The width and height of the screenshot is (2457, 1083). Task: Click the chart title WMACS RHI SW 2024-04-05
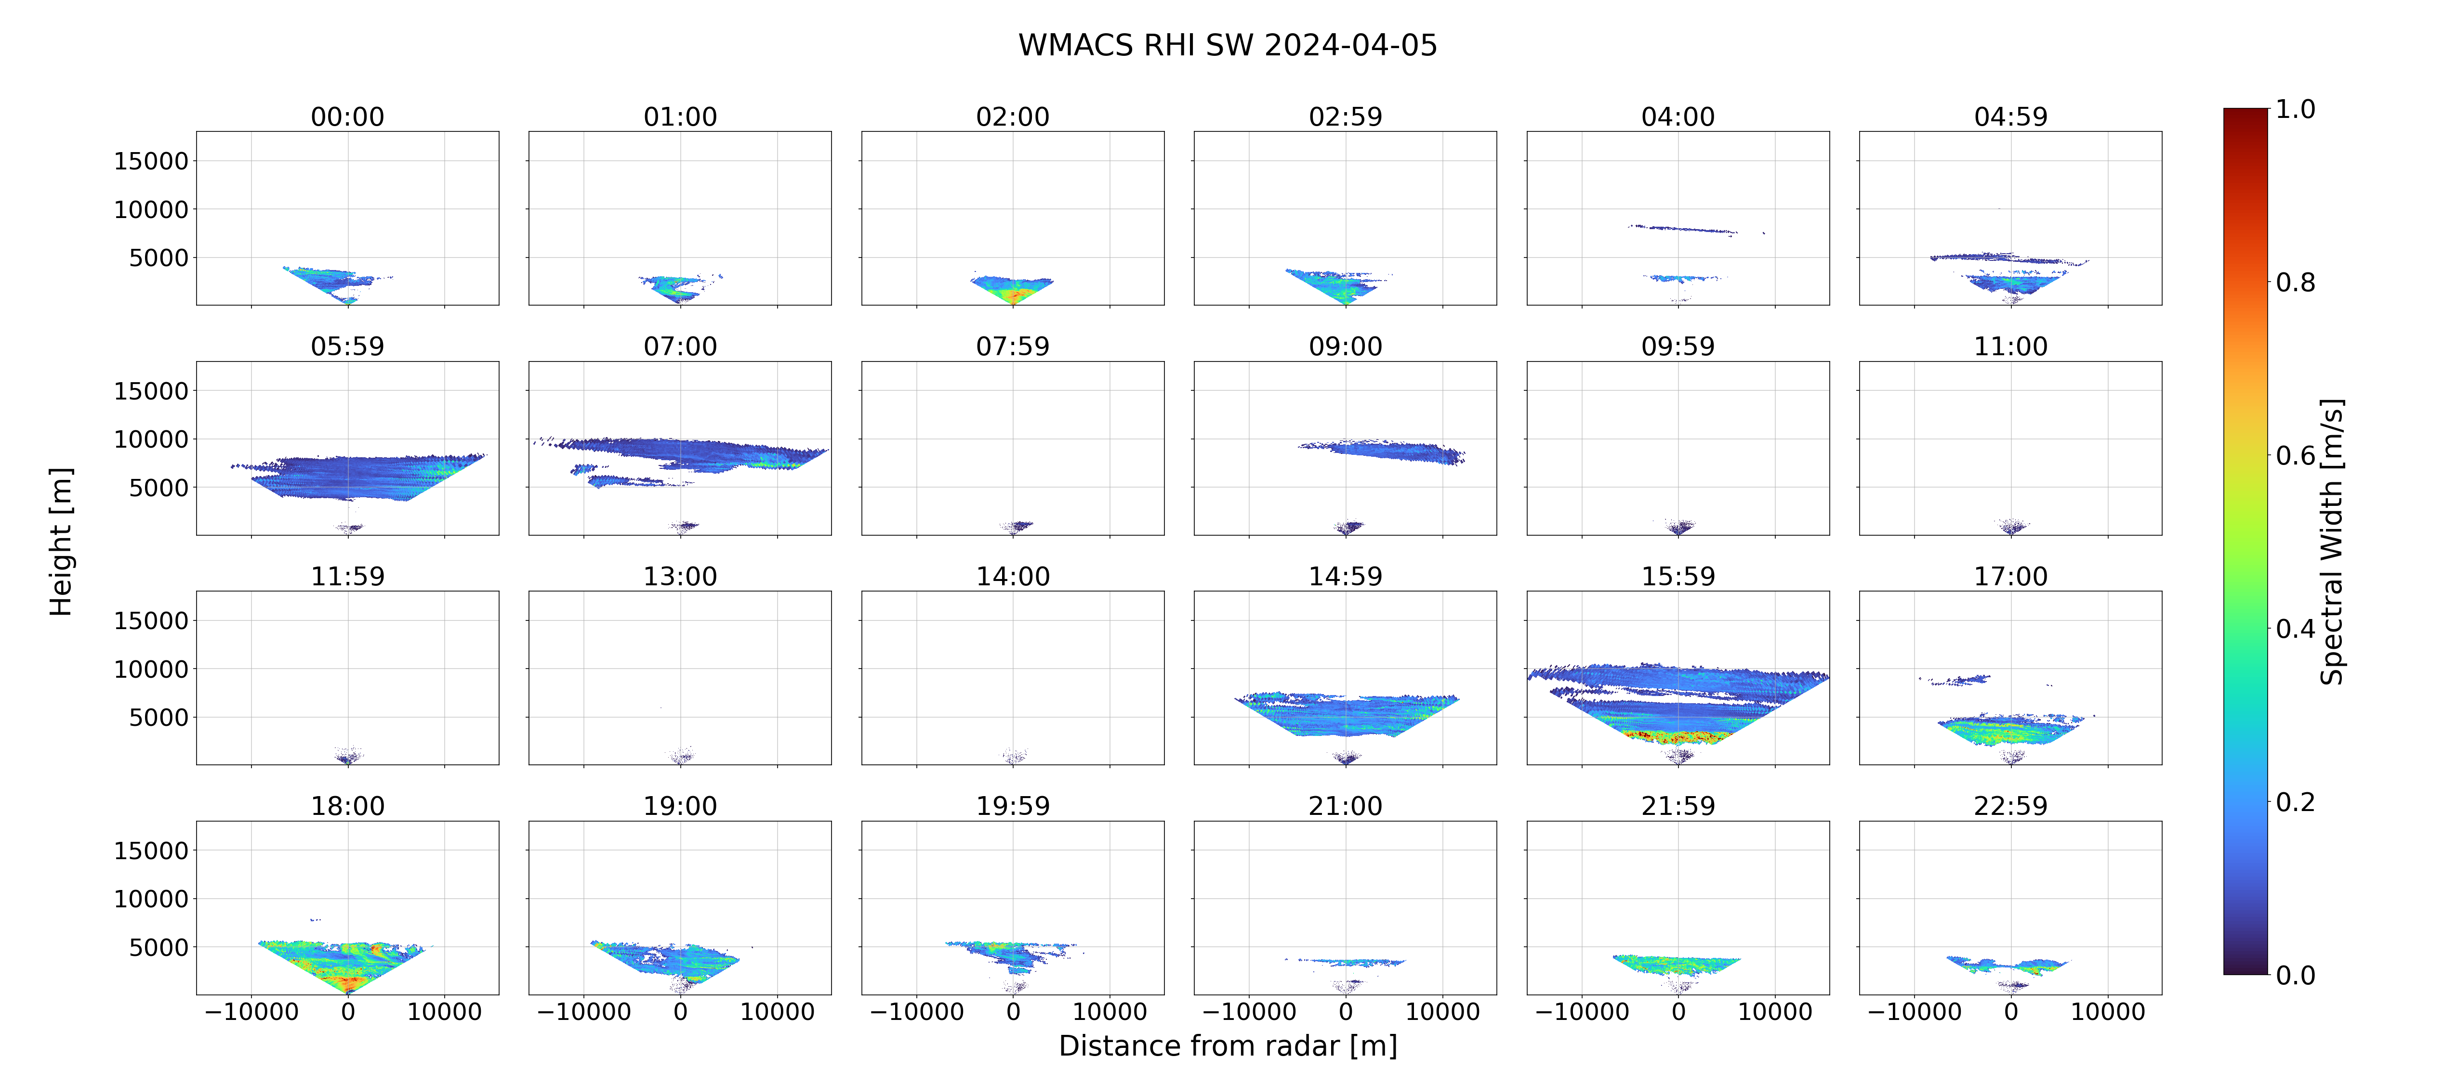click(1228, 45)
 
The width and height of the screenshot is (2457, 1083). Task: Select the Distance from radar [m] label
click(1228, 1046)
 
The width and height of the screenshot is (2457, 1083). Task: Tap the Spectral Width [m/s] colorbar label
click(2331, 541)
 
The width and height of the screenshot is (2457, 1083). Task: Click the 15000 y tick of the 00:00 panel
click(151, 161)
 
